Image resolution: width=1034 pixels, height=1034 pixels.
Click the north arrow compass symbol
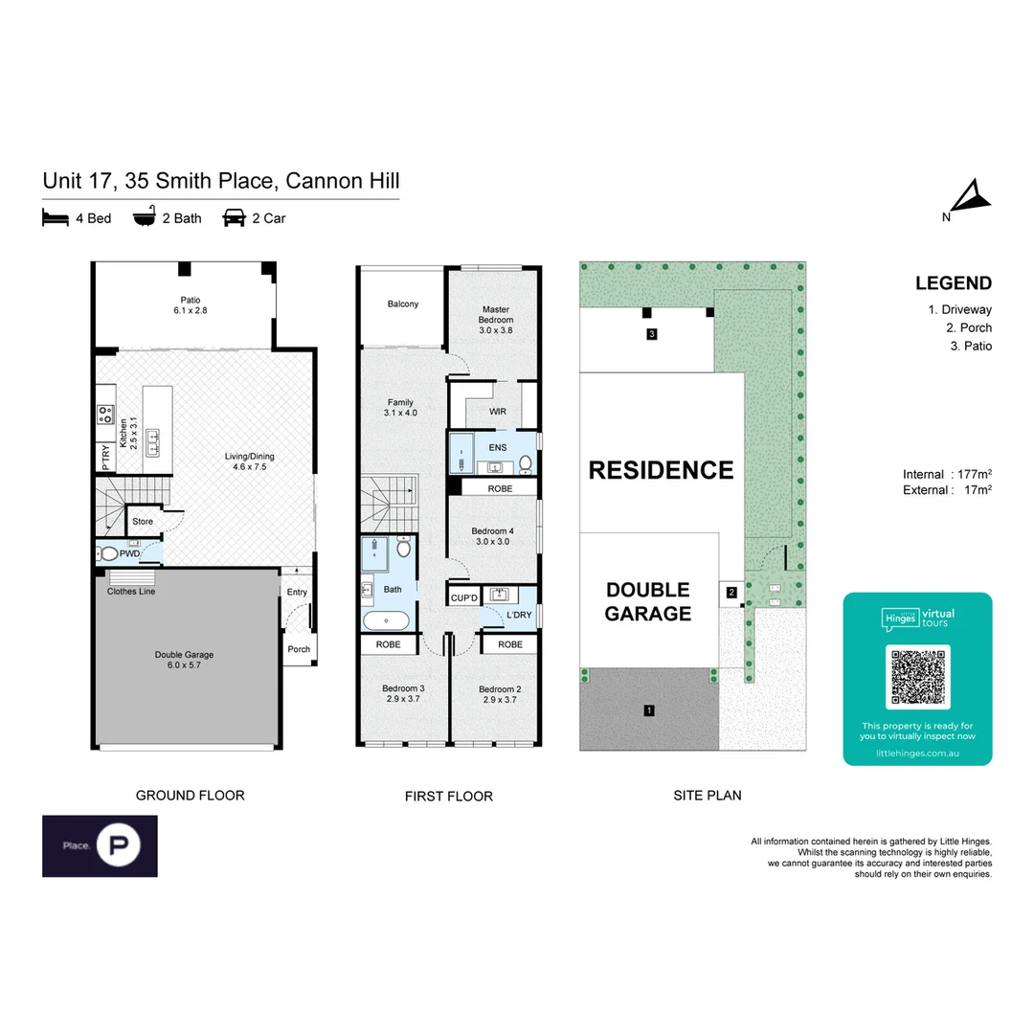click(971, 198)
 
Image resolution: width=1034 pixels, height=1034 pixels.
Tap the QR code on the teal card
click(917, 677)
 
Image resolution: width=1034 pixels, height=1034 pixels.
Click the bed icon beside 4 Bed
click(56, 218)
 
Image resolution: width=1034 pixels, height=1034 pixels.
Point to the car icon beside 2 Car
click(233, 218)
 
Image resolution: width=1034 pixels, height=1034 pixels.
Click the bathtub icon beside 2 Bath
click(144, 218)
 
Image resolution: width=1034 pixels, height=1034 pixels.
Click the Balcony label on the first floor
click(403, 304)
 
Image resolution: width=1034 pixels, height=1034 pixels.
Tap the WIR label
click(497, 412)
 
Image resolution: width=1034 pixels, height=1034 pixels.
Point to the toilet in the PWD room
click(109, 553)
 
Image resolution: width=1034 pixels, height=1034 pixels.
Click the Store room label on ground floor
click(143, 522)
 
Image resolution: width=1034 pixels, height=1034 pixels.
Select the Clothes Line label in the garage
click(131, 592)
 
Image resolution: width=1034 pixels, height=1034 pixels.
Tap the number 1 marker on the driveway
click(649, 710)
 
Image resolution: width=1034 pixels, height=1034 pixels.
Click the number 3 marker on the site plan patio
click(651, 334)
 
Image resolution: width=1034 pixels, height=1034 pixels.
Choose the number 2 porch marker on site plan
click(731, 593)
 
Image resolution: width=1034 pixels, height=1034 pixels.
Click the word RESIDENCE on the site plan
click(661, 470)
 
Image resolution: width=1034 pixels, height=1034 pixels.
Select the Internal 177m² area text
click(946, 475)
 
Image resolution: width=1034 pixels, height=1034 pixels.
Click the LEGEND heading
click(953, 283)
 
